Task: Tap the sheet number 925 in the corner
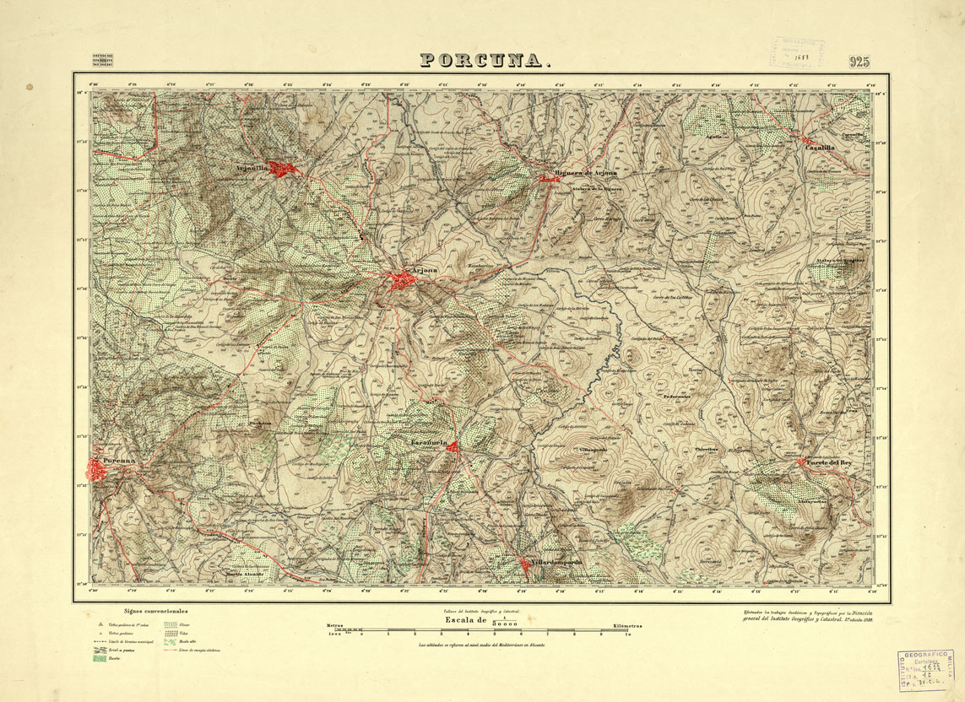tap(859, 61)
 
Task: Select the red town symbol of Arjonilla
tap(281, 168)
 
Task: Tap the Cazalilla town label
tap(819, 148)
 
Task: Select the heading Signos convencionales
tap(155, 611)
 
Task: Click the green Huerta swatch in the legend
tap(100, 658)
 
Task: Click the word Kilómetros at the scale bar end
tap(622, 626)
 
